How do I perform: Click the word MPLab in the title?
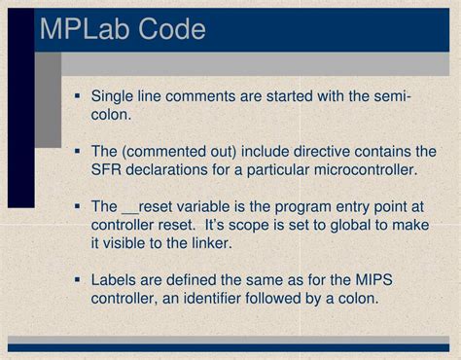tap(85, 29)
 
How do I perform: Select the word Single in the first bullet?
tap(115, 96)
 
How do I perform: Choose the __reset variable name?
tap(150, 207)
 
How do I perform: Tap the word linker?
tap(210, 244)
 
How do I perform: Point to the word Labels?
tap(116, 280)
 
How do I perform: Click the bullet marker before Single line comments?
tap(77, 96)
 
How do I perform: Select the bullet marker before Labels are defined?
tap(77, 280)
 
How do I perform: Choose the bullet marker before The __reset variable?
tap(77, 207)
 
